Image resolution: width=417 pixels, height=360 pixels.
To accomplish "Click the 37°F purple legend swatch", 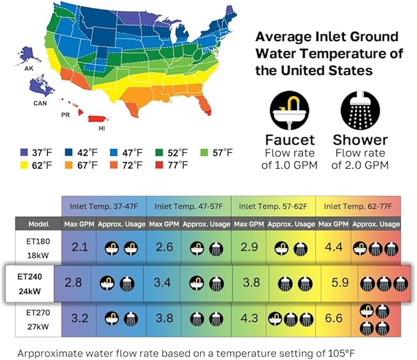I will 25,152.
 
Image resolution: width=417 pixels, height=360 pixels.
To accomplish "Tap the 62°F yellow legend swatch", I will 25,165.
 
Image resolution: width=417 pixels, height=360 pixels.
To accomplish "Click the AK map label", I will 29,68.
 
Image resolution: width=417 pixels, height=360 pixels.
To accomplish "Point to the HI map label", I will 102,129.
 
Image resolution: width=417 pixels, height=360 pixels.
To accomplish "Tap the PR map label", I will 64,115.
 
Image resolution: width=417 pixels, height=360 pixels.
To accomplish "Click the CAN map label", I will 40,103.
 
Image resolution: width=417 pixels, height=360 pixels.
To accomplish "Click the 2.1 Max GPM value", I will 79,247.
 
